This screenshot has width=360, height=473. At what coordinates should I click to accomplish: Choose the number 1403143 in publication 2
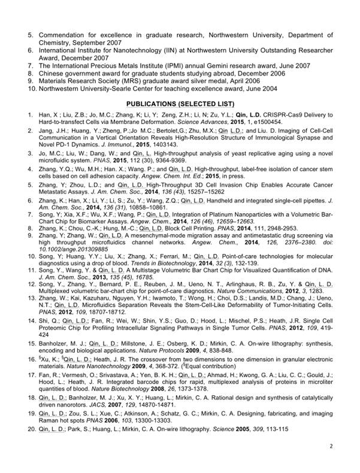162,146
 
